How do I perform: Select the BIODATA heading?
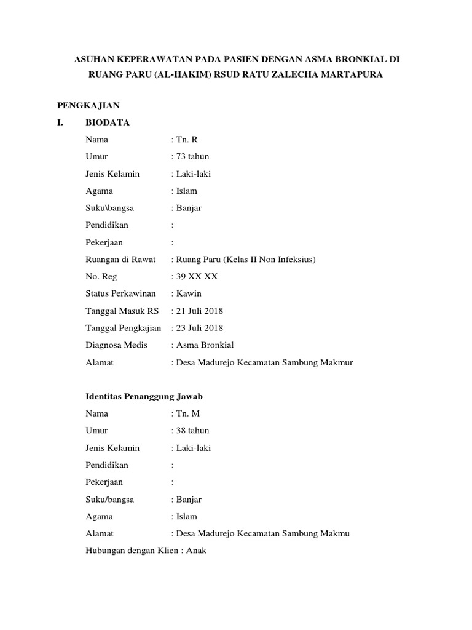coord(108,122)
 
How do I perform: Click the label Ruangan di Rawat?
coord(120,260)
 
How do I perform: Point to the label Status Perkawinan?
coord(120,293)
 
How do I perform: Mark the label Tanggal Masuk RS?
coord(122,311)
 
